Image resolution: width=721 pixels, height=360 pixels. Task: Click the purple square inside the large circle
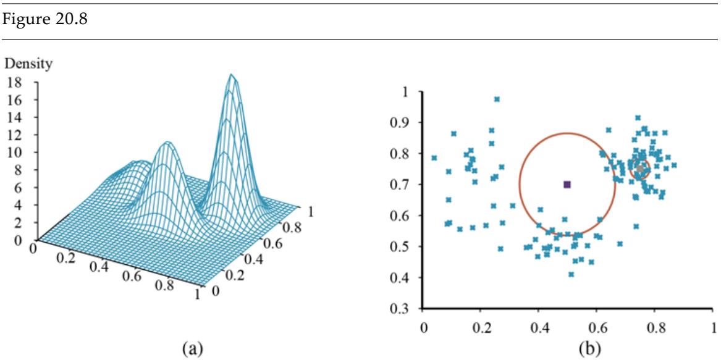pos(567,185)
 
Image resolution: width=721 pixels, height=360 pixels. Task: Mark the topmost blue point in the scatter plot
pos(497,99)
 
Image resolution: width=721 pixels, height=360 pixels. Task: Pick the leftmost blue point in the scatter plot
pos(434,157)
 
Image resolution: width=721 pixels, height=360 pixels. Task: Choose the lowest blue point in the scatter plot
pos(571,274)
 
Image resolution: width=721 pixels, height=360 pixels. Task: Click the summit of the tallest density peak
pos(232,75)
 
